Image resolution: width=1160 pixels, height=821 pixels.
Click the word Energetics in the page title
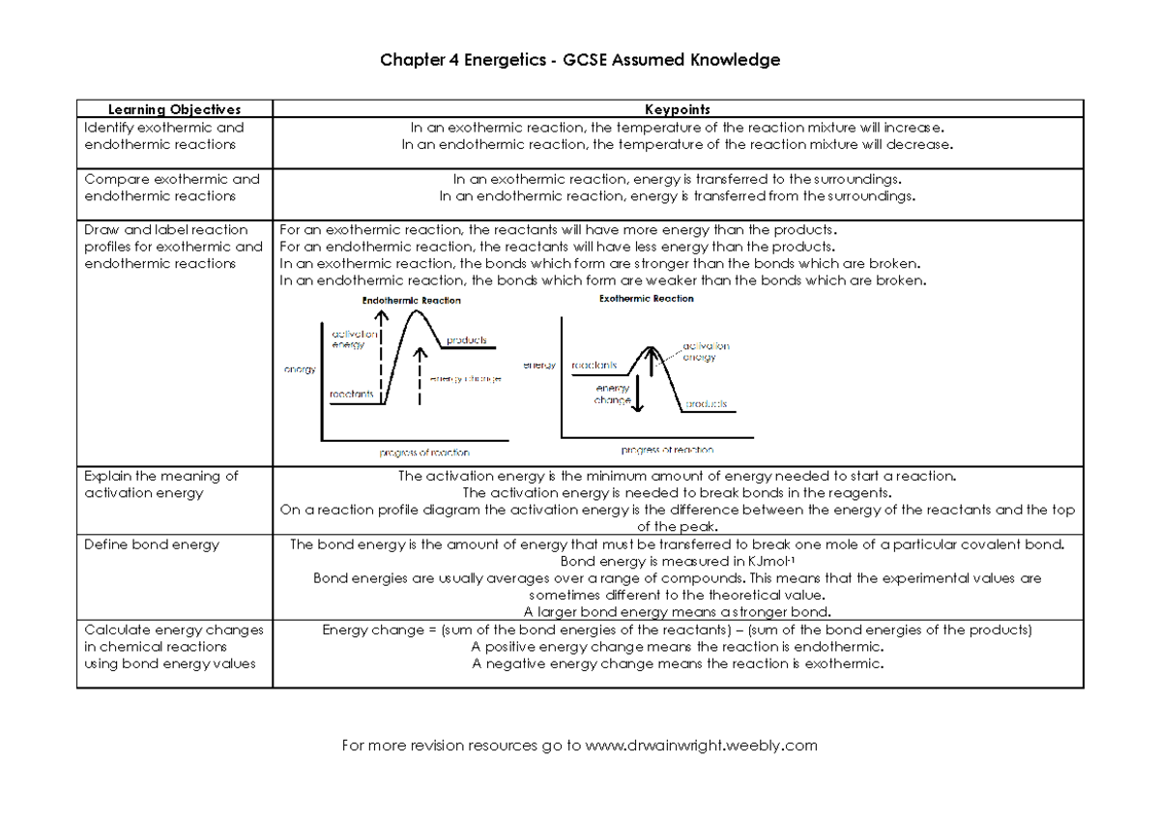click(x=496, y=61)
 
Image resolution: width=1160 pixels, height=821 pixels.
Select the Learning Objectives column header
click(x=174, y=109)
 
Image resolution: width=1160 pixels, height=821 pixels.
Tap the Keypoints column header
click(x=678, y=109)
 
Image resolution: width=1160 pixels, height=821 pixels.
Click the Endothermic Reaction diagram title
click(x=411, y=301)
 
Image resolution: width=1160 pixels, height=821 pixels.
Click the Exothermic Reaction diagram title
click(x=646, y=299)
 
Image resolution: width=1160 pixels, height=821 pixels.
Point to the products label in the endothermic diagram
click(x=466, y=340)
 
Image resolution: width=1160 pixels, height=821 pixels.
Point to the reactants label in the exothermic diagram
click(x=594, y=366)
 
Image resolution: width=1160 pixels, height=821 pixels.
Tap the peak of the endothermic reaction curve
click(x=416, y=310)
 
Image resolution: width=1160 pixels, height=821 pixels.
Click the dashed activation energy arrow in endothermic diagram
click(x=383, y=348)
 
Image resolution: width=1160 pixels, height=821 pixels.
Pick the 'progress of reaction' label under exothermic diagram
click(x=667, y=450)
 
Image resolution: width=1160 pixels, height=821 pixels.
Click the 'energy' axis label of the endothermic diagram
click(x=300, y=369)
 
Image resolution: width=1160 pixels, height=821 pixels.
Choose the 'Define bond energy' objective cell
click(x=152, y=544)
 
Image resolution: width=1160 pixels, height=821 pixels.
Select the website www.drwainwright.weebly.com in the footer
click(x=702, y=746)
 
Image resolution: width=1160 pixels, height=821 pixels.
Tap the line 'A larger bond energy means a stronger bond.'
click(x=677, y=612)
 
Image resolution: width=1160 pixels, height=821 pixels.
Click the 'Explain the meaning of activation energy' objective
click(x=160, y=484)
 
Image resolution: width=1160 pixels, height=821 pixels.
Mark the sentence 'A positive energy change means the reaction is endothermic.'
click(x=677, y=647)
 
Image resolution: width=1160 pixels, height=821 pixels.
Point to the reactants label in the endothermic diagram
click(x=351, y=395)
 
